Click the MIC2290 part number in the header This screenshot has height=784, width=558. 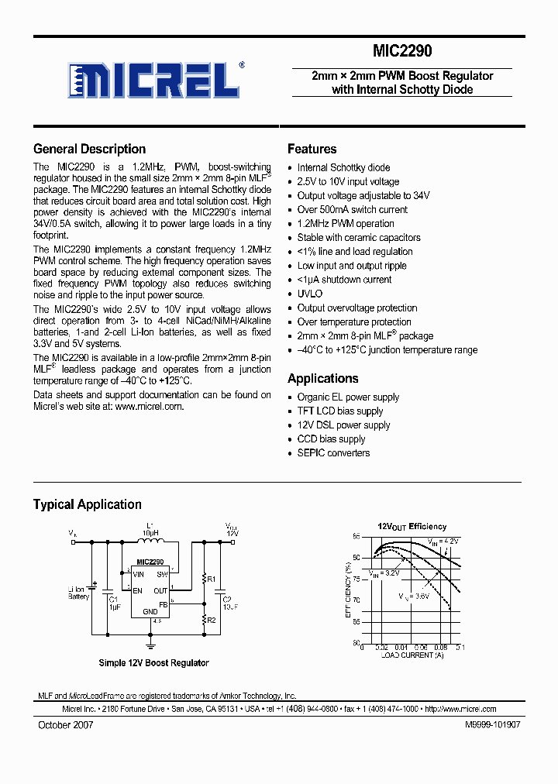(x=402, y=52)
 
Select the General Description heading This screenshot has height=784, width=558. (x=89, y=149)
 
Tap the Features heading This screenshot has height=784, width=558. (x=312, y=149)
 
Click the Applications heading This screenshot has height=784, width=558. (x=322, y=378)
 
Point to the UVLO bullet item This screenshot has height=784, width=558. (x=309, y=294)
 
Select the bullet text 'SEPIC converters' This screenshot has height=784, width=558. (x=333, y=453)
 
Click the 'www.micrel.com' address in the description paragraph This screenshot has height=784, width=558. (x=149, y=407)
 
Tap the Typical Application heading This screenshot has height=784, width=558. (x=87, y=504)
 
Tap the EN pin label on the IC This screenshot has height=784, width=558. (x=137, y=591)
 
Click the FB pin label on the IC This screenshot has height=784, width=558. (x=164, y=604)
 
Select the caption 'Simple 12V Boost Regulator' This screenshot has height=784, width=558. (x=153, y=662)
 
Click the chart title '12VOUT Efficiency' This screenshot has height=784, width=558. (x=412, y=526)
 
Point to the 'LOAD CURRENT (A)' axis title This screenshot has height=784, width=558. (x=412, y=655)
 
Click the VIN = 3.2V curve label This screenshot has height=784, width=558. (x=384, y=573)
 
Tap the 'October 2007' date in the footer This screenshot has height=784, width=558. (x=66, y=724)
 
